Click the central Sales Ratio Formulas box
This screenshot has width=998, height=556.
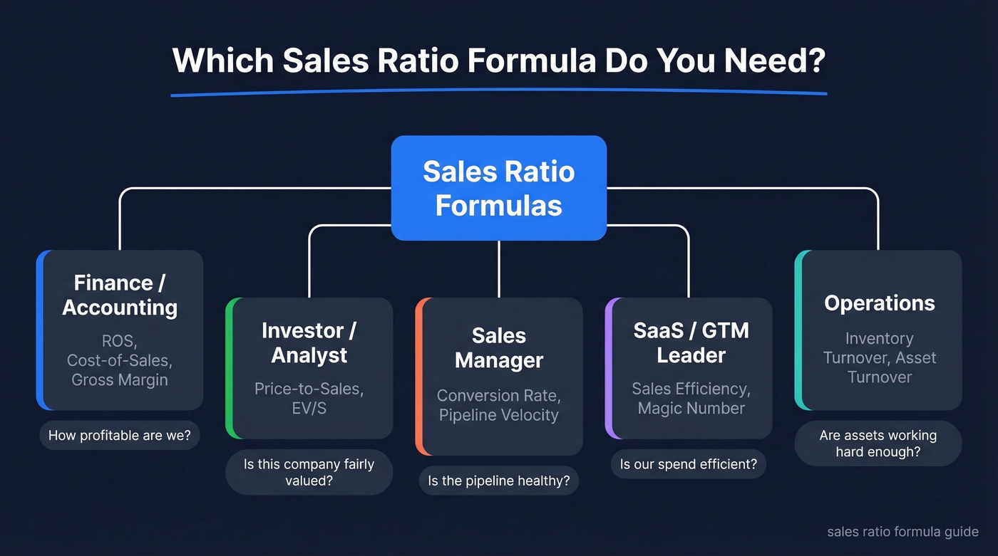point(498,188)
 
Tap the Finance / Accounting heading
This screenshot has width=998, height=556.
point(120,295)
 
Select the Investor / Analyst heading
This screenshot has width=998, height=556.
point(309,342)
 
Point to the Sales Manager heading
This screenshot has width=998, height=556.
point(498,348)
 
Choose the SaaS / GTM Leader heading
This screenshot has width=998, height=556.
point(690,342)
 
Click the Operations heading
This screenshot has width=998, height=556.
point(879,303)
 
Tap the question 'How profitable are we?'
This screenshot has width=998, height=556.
point(120,435)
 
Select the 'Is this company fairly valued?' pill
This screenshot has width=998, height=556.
point(309,472)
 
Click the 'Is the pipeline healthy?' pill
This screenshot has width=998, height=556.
point(498,481)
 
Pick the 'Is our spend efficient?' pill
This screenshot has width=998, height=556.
point(689,465)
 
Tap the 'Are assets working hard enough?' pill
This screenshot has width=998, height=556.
point(878,444)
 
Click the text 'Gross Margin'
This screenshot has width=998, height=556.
point(120,379)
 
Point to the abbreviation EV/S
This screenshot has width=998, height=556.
point(309,408)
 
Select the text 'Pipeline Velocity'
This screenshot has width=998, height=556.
point(498,415)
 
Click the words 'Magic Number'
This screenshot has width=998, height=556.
point(691,408)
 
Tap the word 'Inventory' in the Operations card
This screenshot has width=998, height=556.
point(879,339)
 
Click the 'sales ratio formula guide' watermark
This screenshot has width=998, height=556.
point(902,532)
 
